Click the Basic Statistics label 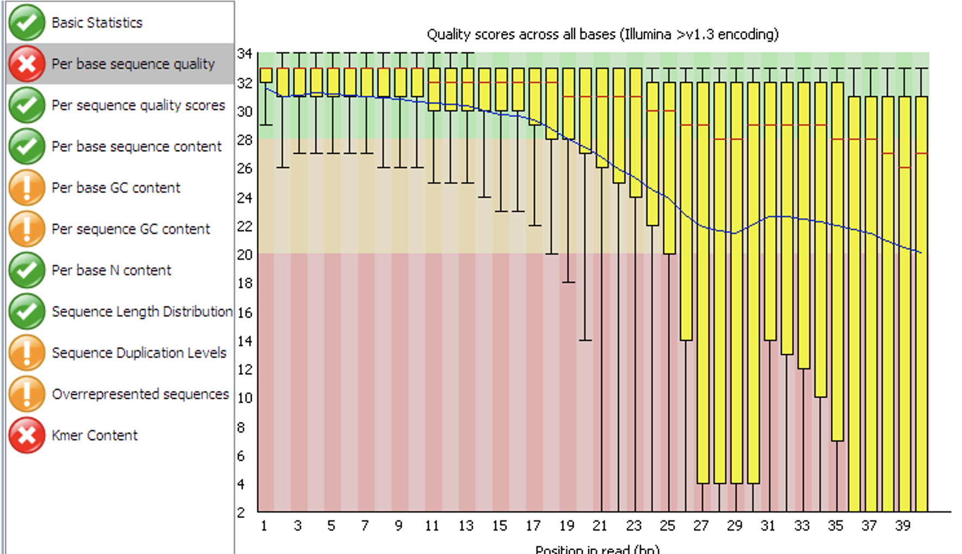97,23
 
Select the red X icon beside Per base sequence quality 27,64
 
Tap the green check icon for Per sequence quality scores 27,105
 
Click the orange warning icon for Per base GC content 27,188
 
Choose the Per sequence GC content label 131,229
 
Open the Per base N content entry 111,270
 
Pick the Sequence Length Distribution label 142,312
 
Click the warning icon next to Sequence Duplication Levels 27,353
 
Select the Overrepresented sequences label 140,394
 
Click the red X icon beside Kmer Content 27,435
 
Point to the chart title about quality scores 602,34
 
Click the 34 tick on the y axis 245,54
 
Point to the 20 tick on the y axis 245,255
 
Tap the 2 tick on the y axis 241,512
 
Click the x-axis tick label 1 264,526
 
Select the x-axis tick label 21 600,526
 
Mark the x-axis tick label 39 903,526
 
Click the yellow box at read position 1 266,75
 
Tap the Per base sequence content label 137,146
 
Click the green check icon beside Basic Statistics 27,22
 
